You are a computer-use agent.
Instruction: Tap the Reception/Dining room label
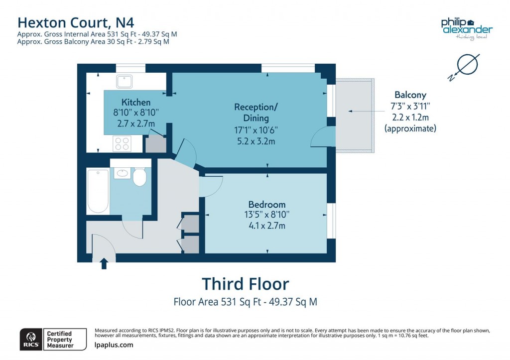[255, 113]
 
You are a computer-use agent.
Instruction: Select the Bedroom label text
[267, 204]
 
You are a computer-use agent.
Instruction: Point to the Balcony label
[410, 95]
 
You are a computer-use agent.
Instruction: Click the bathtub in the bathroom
[98, 191]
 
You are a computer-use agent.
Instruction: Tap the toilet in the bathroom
[140, 176]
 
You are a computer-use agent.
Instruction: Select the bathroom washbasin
[122, 173]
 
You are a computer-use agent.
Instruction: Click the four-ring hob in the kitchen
[123, 143]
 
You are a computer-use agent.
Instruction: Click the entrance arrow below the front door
[104, 263]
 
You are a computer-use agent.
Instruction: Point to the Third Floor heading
[245, 284]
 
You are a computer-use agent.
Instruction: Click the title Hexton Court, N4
[76, 22]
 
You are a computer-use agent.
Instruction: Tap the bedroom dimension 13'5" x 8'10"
[267, 215]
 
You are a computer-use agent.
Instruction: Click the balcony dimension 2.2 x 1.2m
[410, 117]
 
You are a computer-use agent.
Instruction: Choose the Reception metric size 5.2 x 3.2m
[255, 141]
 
